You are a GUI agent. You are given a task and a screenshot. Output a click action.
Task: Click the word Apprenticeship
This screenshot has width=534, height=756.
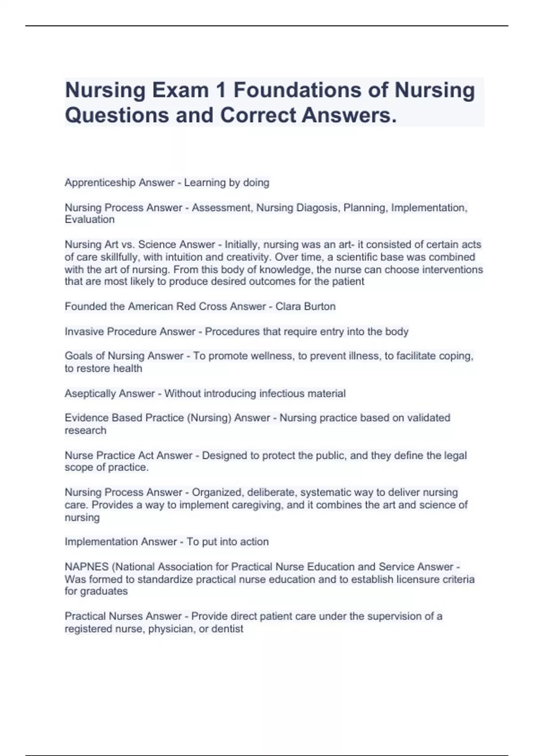click(x=100, y=183)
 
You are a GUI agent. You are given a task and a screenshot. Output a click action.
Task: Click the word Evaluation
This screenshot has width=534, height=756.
click(x=89, y=219)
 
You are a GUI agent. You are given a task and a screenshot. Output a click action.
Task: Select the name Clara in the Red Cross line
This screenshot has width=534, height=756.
click(x=288, y=306)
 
